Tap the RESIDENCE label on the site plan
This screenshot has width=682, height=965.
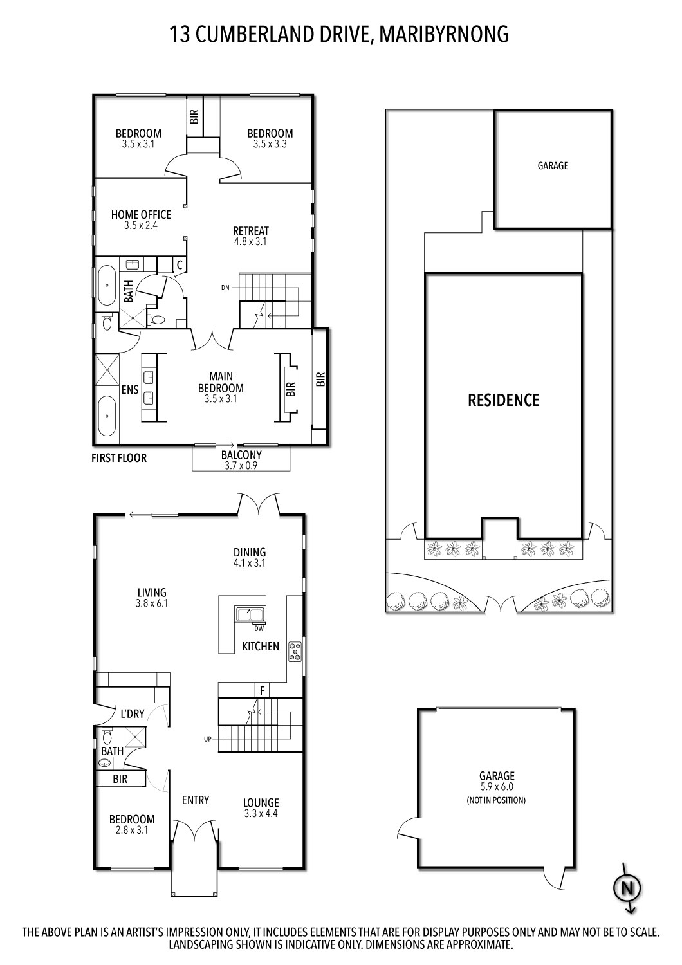(503, 400)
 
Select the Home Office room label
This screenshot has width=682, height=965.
(141, 215)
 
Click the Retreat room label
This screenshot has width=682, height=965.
(251, 231)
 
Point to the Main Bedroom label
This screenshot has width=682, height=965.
(221, 382)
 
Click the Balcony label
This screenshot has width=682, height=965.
(241, 455)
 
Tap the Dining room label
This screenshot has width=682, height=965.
(250, 552)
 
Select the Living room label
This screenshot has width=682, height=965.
(152, 593)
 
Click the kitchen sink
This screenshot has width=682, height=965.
(246, 614)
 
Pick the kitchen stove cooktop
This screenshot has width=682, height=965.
(295, 651)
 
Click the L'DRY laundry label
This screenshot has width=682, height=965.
(133, 713)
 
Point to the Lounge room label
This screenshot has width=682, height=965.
(261, 803)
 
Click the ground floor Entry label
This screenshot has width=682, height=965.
(196, 800)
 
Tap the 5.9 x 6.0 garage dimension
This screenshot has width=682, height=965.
(496, 786)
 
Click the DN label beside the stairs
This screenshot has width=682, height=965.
(225, 288)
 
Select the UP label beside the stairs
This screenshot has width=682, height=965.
(208, 739)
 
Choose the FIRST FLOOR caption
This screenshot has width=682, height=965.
(119, 458)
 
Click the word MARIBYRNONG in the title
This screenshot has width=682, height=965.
(444, 33)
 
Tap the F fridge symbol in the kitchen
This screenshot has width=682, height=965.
(262, 691)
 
